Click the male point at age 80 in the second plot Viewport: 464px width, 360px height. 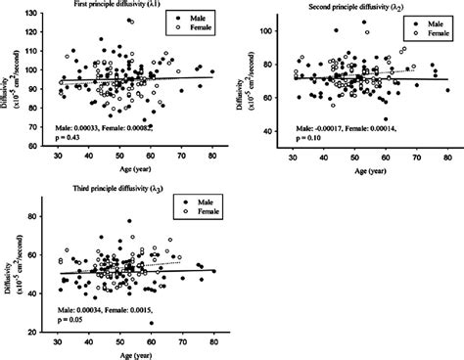click(x=448, y=90)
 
